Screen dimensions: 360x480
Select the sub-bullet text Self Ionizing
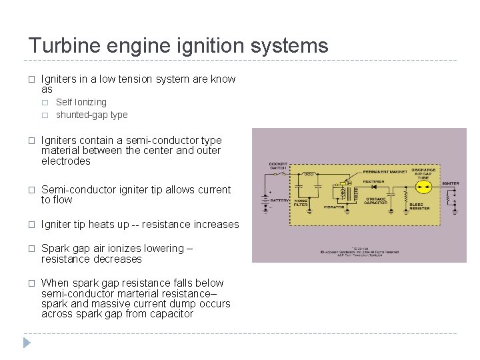point(81,102)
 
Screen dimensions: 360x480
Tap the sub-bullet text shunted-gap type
point(91,115)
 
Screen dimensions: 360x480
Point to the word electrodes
point(66,161)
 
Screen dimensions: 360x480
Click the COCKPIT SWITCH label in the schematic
point(278,166)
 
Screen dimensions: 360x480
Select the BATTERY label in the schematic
point(277,199)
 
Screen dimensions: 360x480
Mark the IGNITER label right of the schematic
point(450,183)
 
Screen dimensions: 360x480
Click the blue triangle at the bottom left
point(27,343)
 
